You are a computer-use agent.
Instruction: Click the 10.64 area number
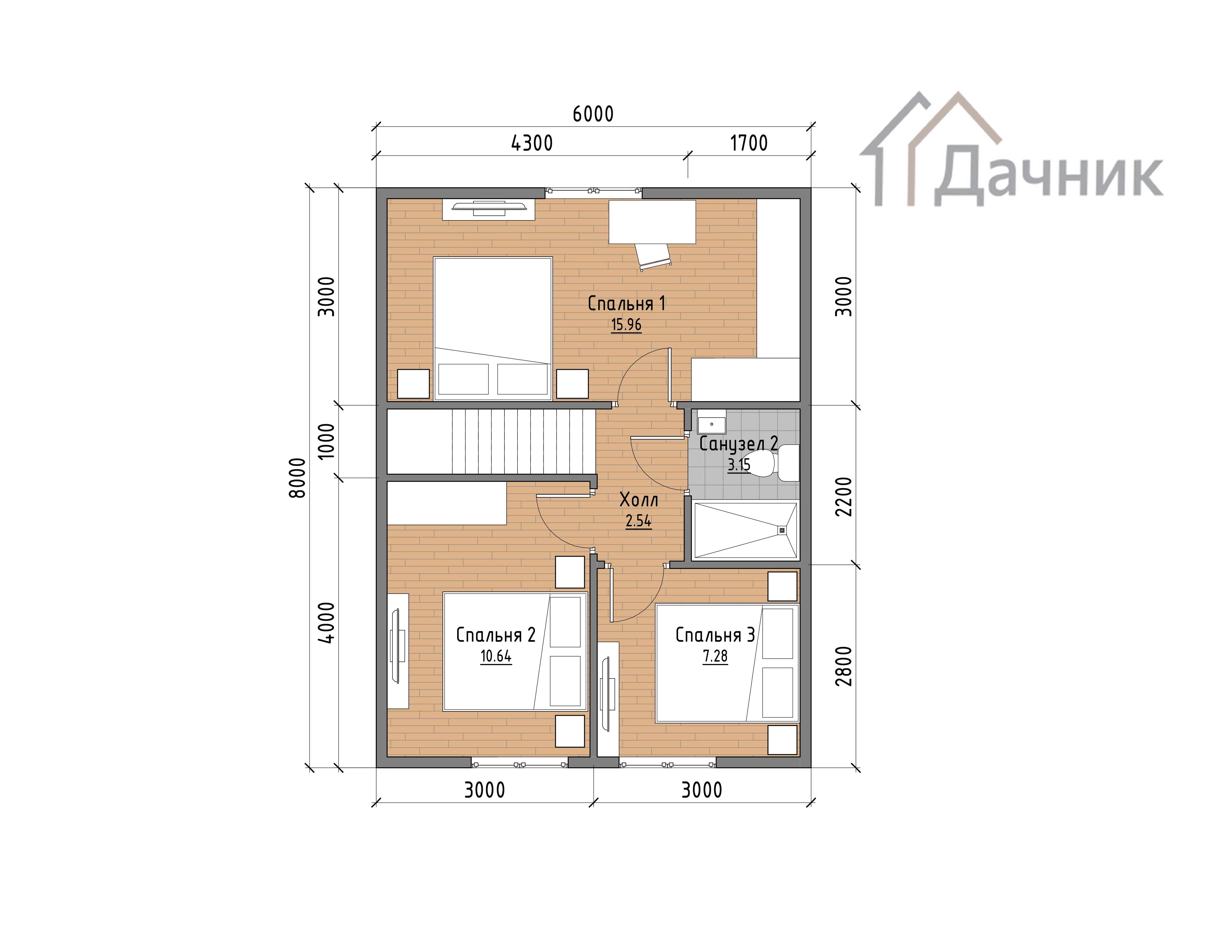tap(495, 656)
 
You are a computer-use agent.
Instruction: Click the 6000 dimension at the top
tap(593, 114)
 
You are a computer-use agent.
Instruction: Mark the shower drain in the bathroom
tap(782, 530)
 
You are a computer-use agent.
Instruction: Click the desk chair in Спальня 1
tap(654, 257)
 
